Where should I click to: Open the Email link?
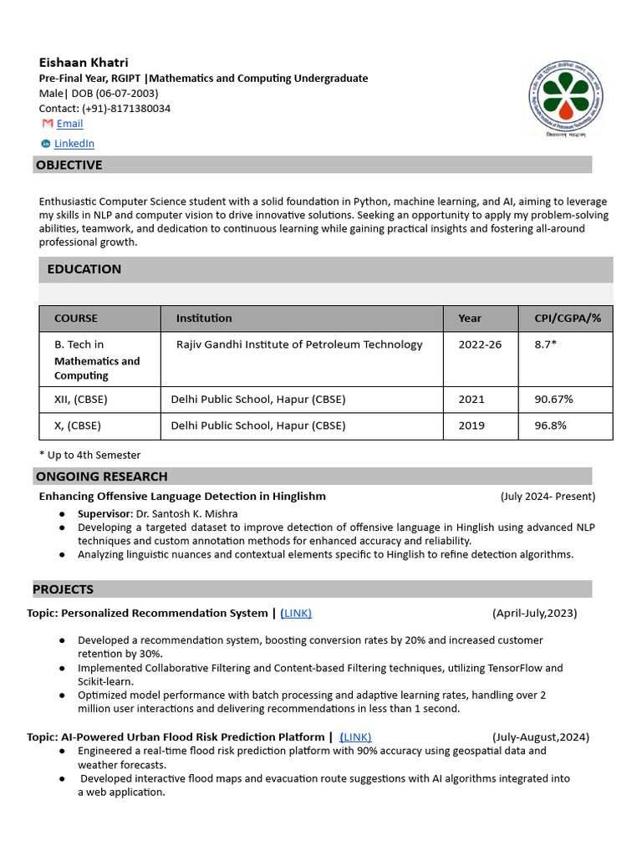click(x=69, y=124)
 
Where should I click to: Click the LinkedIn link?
click(x=74, y=144)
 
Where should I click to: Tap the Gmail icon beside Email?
click(x=48, y=124)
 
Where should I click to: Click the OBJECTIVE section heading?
click(x=69, y=165)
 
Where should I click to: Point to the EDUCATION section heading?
click(x=84, y=269)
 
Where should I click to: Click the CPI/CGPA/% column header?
click(x=568, y=318)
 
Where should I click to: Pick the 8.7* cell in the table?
click(x=545, y=344)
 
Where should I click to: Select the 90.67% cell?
click(x=553, y=400)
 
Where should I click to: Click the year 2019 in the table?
click(x=471, y=425)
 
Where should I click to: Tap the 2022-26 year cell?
click(x=480, y=344)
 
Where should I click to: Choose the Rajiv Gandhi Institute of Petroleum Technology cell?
click(x=299, y=344)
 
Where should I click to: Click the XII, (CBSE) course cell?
click(x=80, y=400)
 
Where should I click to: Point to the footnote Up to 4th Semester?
click(x=90, y=456)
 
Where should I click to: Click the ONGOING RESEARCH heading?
click(x=101, y=476)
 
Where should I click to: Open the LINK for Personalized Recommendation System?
click(x=296, y=614)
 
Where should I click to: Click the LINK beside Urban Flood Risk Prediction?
click(x=355, y=737)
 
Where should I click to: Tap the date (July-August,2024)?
click(x=540, y=737)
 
